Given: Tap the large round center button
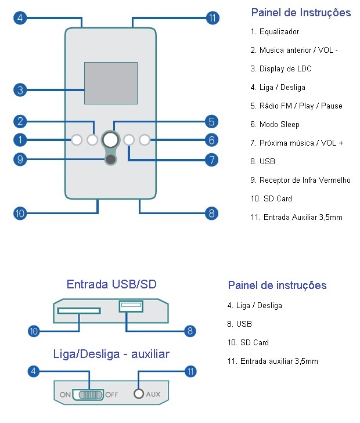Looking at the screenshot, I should [x=110, y=139].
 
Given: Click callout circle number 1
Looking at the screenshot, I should [x=20, y=140].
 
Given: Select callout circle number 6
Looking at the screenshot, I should [x=211, y=140].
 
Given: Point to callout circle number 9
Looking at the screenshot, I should [x=20, y=158].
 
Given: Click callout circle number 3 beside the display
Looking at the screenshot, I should [x=20, y=90].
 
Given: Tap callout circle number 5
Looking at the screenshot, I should [x=211, y=121].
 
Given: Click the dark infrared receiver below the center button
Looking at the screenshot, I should [x=110, y=160].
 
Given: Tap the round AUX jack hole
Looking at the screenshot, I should [x=138, y=394].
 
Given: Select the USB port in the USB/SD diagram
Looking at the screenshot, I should [x=131, y=305].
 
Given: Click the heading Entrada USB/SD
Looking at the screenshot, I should [x=111, y=284].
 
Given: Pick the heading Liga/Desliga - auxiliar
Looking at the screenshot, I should [x=111, y=353].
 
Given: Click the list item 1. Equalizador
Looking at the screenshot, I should [x=275, y=32].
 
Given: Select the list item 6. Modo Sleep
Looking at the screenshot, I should [x=275, y=124].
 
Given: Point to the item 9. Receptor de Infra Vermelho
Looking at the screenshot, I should [x=300, y=180].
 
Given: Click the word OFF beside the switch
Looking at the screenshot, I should [x=111, y=395].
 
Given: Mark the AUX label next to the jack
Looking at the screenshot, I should [x=153, y=395].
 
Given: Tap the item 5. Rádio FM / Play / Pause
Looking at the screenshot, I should [x=296, y=106].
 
